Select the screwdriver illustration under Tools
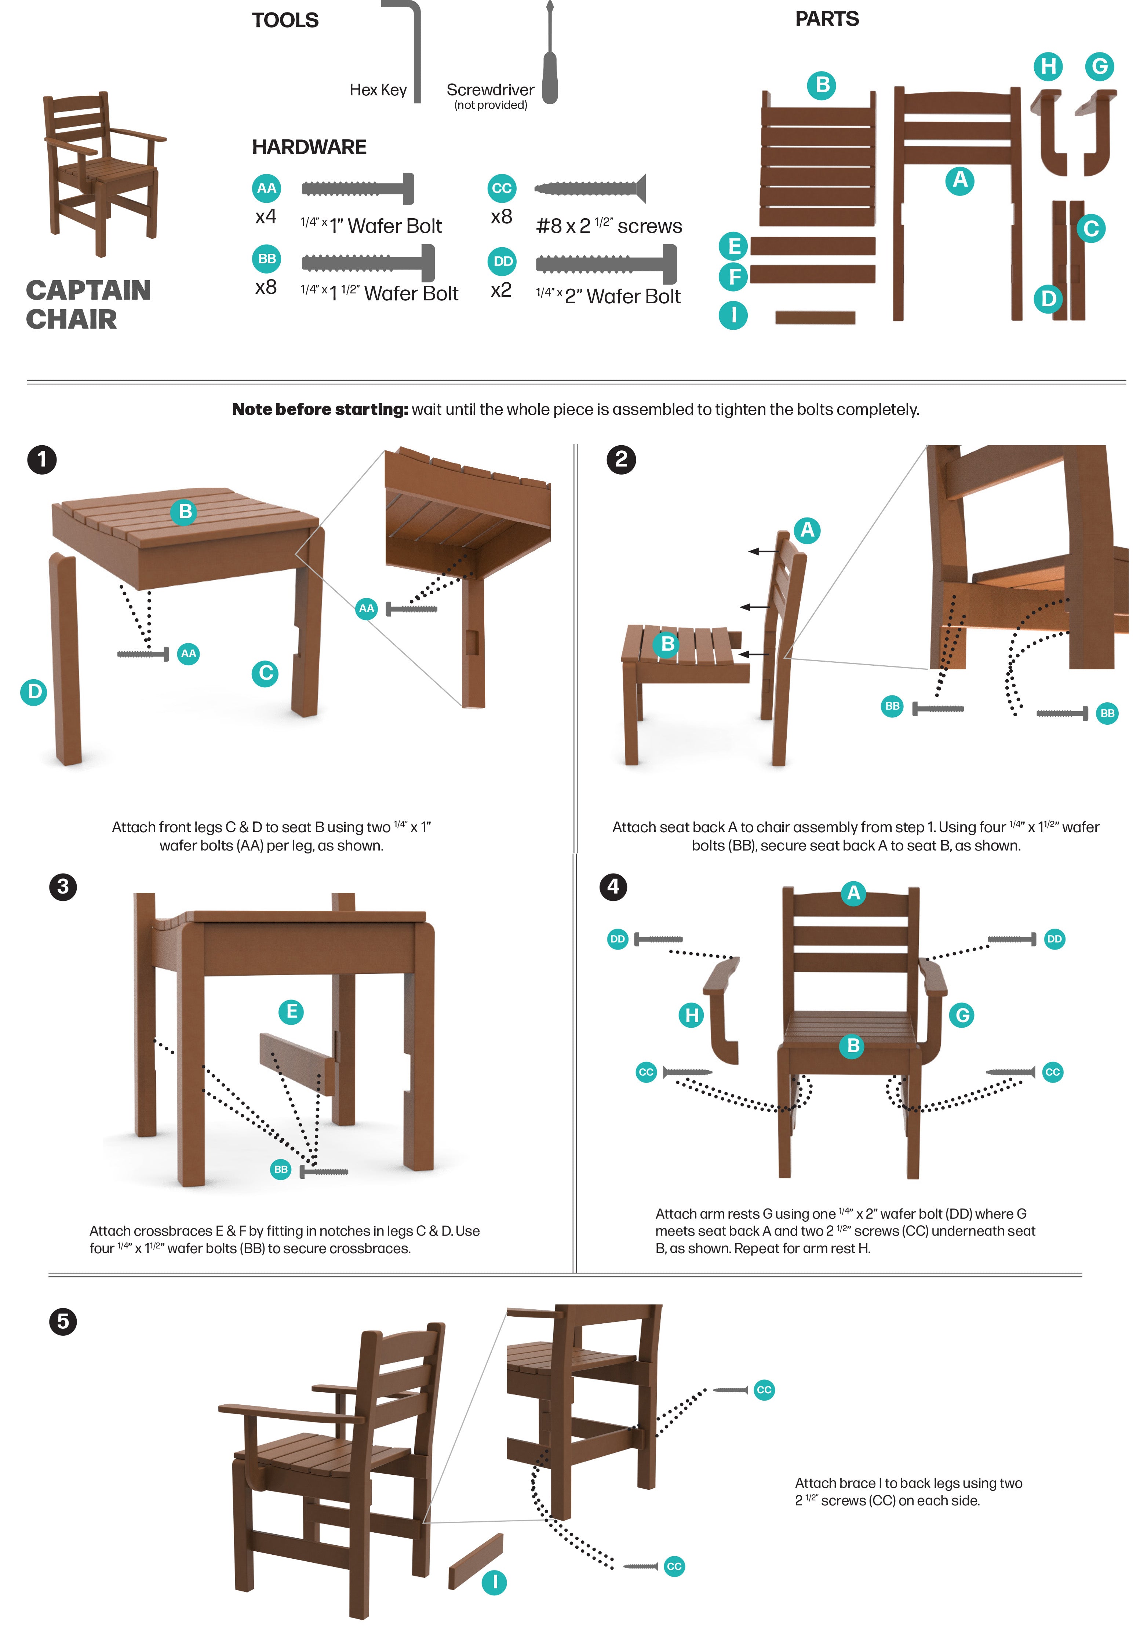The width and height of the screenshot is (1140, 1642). tap(549, 54)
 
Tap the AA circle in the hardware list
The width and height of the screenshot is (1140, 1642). tap(266, 189)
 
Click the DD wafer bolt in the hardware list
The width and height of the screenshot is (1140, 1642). tap(607, 263)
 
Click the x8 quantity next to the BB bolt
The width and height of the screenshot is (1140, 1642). tap(266, 287)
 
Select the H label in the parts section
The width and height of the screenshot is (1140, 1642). tap(1048, 66)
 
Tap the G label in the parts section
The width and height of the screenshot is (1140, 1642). tap(1100, 66)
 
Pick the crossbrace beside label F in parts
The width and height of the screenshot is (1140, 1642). tap(813, 274)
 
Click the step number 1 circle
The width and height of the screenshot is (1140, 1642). tap(42, 459)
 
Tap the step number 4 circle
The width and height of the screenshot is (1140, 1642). tap(613, 887)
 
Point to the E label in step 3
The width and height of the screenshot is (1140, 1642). tap(291, 1012)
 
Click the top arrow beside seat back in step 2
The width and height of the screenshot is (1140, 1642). tap(764, 551)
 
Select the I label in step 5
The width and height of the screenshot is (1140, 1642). tap(494, 1583)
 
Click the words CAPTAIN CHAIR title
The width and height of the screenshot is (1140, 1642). tap(88, 304)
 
